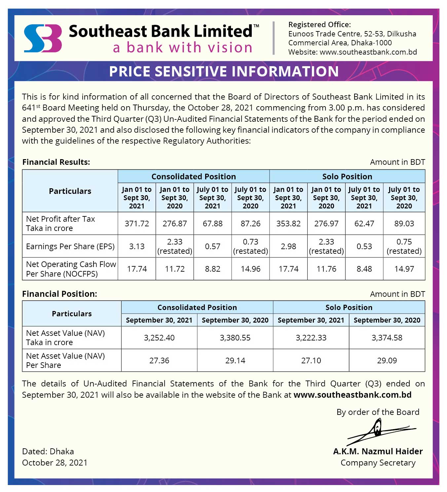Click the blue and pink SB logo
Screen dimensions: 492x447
43,38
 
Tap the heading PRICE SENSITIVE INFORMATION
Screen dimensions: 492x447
224,71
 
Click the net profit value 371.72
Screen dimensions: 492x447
137,224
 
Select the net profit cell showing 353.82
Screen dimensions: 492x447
288,224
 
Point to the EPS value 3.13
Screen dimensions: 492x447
137,246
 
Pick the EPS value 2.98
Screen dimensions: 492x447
288,246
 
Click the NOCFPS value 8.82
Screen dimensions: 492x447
212,269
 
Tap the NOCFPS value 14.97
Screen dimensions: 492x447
404,269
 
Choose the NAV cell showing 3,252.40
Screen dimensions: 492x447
159,338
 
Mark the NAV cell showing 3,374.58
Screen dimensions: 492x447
387,338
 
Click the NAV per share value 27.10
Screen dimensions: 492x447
311,361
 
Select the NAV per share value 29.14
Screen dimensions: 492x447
235,361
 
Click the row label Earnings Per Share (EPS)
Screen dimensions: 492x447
70,246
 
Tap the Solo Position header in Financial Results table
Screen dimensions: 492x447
347,176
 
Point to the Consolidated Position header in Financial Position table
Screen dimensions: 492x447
197,307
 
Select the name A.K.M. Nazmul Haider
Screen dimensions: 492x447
378,451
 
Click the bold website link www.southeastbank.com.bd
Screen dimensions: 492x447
353,395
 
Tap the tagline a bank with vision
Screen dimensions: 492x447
183,48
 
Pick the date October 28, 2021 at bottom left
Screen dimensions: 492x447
55,463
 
